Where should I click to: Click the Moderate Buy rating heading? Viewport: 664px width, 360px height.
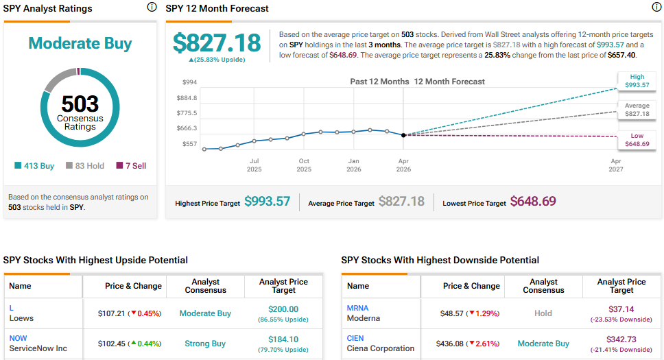(x=80, y=43)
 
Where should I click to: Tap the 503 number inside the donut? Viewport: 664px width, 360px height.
(x=80, y=104)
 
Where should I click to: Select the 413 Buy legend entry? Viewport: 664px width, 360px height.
(x=34, y=166)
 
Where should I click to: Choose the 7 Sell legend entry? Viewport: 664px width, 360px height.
(x=131, y=166)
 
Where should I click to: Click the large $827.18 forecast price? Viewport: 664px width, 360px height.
(x=217, y=43)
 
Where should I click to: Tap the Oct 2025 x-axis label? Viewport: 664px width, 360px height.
(x=304, y=165)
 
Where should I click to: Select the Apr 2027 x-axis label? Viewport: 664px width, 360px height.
(x=616, y=165)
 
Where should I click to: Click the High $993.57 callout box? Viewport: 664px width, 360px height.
(x=637, y=81)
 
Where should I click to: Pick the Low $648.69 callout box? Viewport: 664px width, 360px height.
(x=637, y=140)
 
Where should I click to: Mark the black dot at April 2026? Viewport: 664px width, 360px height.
(x=403, y=135)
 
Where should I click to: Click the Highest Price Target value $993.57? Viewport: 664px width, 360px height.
(x=268, y=202)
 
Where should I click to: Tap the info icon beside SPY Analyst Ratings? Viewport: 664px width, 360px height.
(x=152, y=8)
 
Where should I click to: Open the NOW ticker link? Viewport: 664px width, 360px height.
(x=19, y=338)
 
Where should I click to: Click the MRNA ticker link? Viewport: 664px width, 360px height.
(x=357, y=308)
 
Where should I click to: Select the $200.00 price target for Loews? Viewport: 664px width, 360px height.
(x=283, y=309)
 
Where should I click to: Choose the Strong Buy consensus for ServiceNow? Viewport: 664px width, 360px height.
(x=205, y=344)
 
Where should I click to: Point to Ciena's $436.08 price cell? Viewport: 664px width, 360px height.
(x=453, y=344)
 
